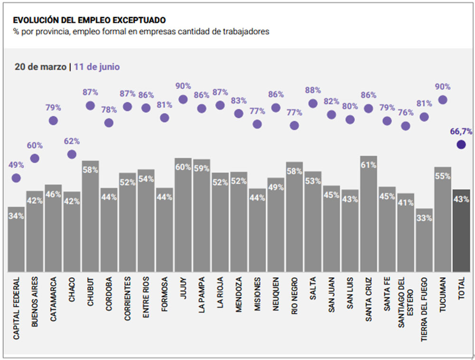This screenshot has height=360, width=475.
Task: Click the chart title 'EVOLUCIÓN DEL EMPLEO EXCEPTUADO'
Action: click(x=89, y=20)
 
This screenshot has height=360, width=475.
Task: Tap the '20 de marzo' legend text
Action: click(x=40, y=67)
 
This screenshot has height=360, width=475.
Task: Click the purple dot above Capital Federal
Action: click(x=16, y=178)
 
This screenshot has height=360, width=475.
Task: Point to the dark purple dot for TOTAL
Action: click(x=461, y=144)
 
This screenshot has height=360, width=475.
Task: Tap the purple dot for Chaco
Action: click(x=72, y=154)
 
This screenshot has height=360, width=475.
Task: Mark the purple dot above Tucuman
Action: click(x=443, y=100)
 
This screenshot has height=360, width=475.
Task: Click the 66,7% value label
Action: click(x=461, y=131)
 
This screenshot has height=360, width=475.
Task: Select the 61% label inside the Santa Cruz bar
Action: click(x=369, y=165)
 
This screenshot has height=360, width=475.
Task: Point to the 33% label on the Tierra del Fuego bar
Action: click(x=424, y=218)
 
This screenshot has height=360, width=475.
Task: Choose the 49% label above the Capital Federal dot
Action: click(x=16, y=165)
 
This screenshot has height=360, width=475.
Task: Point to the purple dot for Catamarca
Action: click(x=53, y=121)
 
